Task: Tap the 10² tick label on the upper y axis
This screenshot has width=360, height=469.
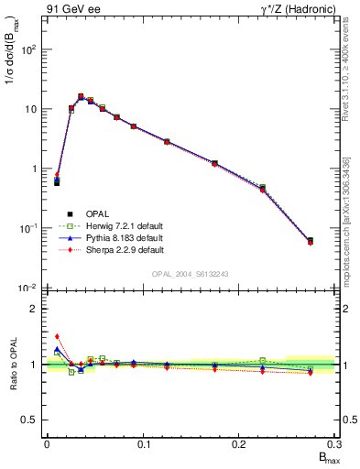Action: click(x=29, y=49)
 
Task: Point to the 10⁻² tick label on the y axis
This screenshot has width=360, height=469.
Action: click(x=29, y=289)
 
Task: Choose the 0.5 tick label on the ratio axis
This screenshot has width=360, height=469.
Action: click(x=31, y=420)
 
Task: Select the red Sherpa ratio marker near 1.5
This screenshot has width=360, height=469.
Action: click(x=57, y=336)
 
